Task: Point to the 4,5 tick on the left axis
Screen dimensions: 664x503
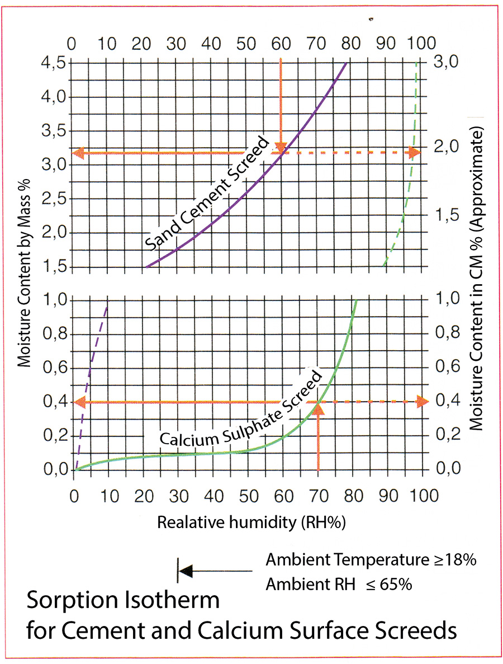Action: click(53, 63)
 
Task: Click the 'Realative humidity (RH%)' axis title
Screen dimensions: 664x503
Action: click(251, 522)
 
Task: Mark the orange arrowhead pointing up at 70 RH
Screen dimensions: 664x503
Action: click(319, 407)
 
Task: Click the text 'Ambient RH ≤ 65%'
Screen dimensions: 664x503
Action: click(339, 585)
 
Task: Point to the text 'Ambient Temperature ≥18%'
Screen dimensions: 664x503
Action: click(371, 559)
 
